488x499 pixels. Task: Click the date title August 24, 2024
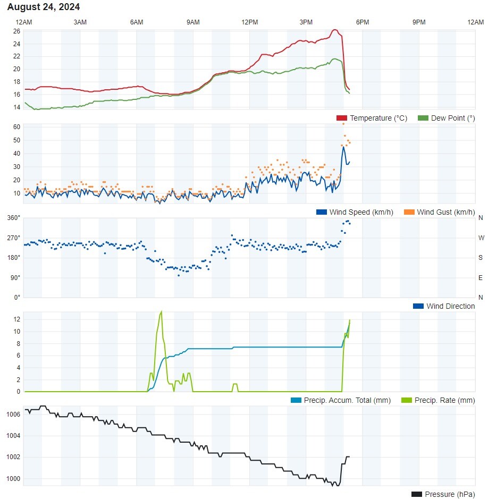point(44,7)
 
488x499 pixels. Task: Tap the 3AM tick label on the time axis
point(80,22)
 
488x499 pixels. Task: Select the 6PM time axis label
point(363,22)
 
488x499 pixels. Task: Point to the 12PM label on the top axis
point(249,22)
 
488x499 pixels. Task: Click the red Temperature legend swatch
point(342,118)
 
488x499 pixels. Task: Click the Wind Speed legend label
point(361,212)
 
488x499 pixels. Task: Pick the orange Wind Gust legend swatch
point(409,212)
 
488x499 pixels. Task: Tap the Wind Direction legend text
point(450,306)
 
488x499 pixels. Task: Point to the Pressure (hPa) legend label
point(450,494)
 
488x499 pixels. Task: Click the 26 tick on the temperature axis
point(16,31)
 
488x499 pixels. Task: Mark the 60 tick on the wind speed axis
point(16,127)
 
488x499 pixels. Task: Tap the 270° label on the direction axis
point(14,238)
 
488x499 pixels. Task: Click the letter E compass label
point(481,277)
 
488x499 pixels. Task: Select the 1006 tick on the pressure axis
point(14,414)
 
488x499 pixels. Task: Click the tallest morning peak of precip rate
point(161,312)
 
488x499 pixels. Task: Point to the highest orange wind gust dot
point(343,124)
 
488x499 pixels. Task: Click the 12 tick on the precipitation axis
point(17,319)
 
